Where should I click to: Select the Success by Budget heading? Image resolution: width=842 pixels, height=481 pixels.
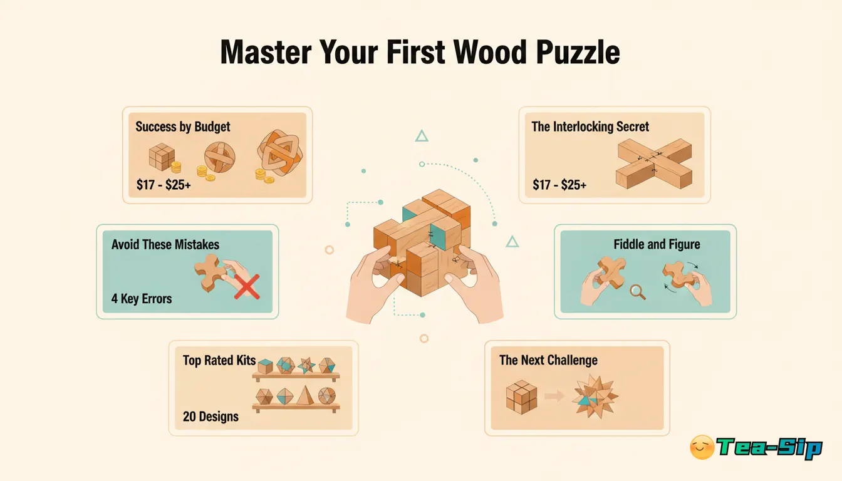click(x=182, y=127)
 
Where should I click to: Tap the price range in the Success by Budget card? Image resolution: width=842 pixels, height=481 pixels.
click(x=164, y=185)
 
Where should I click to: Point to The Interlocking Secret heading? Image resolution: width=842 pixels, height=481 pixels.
click(x=590, y=127)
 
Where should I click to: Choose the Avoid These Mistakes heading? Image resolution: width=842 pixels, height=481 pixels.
click(x=165, y=244)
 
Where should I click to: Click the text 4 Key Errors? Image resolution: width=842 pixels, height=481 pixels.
click(x=142, y=298)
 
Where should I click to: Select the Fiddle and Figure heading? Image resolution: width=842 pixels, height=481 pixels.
click(x=656, y=244)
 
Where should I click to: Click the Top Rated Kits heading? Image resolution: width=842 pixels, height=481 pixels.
click(x=219, y=360)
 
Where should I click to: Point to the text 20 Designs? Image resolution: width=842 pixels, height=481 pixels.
click(x=210, y=416)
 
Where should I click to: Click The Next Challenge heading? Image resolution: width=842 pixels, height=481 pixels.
click(x=548, y=360)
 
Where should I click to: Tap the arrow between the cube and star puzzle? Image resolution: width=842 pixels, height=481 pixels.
click(x=553, y=396)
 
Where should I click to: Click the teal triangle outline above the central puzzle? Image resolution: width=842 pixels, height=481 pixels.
click(x=422, y=135)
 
